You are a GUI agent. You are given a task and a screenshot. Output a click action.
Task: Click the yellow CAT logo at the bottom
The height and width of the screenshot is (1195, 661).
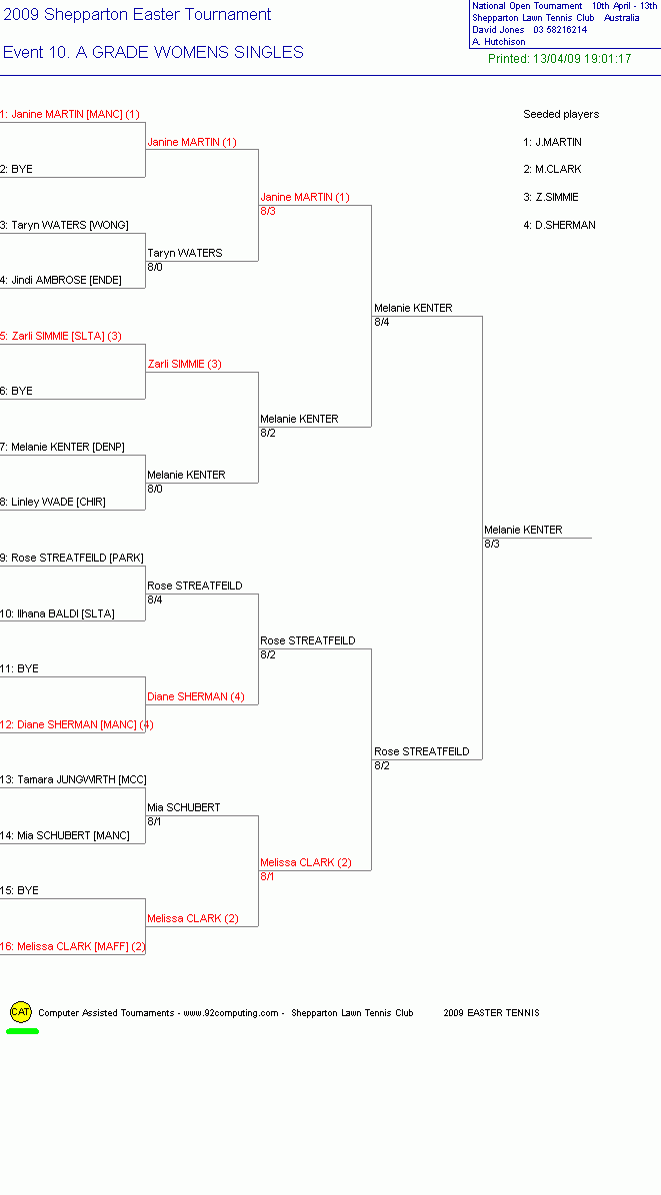point(21,1012)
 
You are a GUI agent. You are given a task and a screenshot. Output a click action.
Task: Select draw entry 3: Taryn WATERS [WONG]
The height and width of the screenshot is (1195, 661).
point(64,225)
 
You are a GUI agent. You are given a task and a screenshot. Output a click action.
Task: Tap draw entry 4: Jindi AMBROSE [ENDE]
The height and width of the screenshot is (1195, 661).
point(61,280)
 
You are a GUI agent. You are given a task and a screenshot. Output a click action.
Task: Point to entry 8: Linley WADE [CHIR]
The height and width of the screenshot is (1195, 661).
point(53,502)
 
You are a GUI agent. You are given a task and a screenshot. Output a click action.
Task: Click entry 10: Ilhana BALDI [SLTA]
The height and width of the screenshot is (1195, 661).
point(57,612)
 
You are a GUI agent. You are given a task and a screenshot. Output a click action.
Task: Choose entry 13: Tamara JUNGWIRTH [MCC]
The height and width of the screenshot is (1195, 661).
point(73,779)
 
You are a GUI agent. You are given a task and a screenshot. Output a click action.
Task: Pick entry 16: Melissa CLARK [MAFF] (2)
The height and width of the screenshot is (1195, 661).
point(72,946)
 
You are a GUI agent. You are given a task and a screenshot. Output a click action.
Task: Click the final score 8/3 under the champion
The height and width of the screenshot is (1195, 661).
point(492,545)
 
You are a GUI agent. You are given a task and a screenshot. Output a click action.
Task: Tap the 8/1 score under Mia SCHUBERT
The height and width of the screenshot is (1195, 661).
point(154,821)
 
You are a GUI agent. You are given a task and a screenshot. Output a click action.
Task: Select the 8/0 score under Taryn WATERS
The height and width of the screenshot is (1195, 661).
point(155,267)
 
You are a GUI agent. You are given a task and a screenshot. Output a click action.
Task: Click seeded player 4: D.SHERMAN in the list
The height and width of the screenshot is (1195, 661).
point(560,225)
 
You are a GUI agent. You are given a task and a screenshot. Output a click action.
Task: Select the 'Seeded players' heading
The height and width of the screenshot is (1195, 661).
point(561,114)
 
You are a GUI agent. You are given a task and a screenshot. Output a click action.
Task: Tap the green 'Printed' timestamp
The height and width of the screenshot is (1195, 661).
point(560,59)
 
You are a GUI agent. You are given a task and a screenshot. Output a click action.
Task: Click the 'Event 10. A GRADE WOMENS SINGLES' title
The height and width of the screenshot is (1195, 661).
point(153,52)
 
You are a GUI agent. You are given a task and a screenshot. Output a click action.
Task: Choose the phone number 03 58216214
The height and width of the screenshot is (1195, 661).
point(560,30)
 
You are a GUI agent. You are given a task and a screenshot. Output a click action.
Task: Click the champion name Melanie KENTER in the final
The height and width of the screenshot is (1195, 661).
point(523,530)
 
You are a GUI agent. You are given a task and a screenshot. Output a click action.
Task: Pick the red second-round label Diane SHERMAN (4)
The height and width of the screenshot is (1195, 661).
point(196,696)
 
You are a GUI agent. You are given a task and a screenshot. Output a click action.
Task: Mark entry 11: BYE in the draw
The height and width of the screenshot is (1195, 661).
point(19,668)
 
